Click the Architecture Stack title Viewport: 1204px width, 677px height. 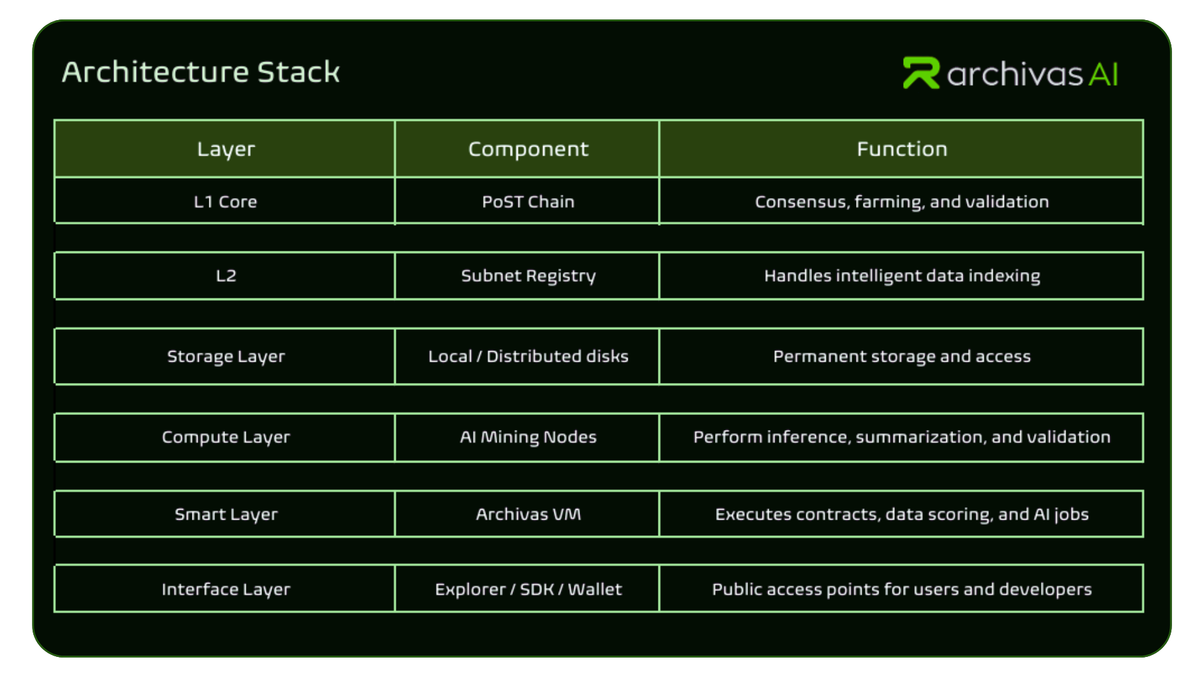[x=201, y=72]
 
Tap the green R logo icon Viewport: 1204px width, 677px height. [x=921, y=73]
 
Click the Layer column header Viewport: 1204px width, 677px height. [x=226, y=149]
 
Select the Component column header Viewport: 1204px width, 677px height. [x=528, y=149]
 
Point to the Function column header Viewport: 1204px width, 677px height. [x=902, y=149]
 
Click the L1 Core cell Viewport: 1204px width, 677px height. [x=226, y=202]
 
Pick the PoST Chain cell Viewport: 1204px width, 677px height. [x=528, y=202]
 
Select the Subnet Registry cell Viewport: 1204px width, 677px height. [x=528, y=276]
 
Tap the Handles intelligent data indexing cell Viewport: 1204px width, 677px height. [x=902, y=276]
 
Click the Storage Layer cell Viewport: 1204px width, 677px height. [x=226, y=356]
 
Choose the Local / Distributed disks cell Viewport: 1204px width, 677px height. [x=528, y=356]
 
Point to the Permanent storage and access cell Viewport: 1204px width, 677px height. [x=902, y=356]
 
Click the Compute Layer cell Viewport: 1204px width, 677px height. [x=226, y=437]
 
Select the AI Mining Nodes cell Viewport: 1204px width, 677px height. [x=528, y=437]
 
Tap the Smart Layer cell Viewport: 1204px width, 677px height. [x=226, y=514]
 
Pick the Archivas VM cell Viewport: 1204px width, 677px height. [x=528, y=514]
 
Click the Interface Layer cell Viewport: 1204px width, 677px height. [x=226, y=589]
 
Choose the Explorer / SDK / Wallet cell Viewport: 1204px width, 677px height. [x=528, y=589]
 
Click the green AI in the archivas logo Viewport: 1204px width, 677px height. [x=1104, y=75]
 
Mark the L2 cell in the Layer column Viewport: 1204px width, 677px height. [x=226, y=276]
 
